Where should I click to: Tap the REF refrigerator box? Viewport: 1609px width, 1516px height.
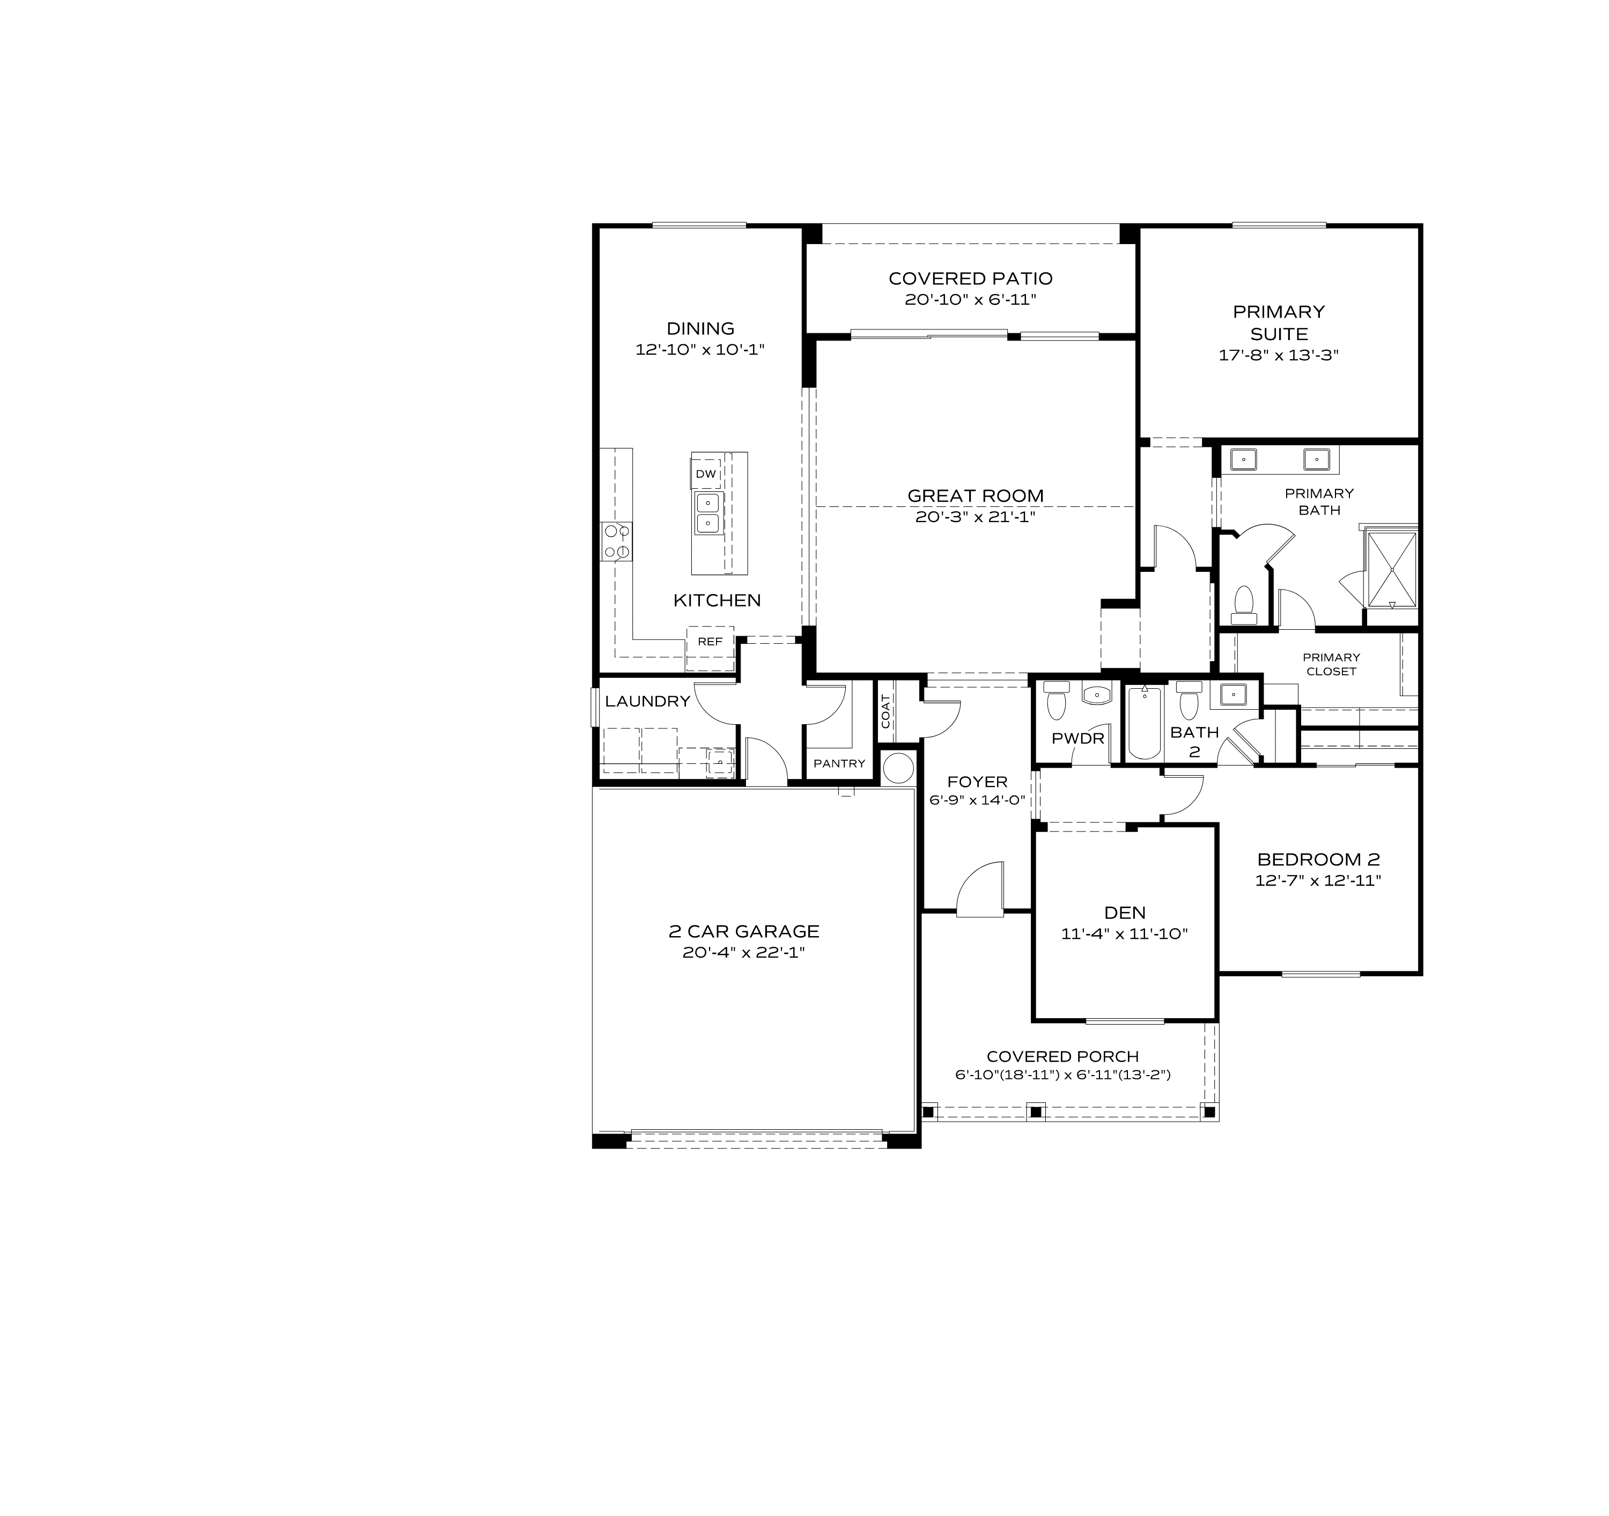[x=710, y=642]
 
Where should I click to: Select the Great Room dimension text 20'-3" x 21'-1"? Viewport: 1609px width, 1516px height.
[x=975, y=517]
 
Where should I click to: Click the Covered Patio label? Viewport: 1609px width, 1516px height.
[x=970, y=278]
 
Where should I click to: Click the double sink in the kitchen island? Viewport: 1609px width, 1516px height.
[x=707, y=513]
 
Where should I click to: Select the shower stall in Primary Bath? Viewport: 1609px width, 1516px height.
[x=1391, y=569]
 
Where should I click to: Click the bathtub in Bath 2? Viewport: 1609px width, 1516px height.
[x=1143, y=722]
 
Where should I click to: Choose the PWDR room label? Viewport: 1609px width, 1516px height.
[x=1077, y=738]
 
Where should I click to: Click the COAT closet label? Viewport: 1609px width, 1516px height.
[x=885, y=711]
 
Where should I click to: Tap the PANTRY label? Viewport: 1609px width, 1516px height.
[x=839, y=763]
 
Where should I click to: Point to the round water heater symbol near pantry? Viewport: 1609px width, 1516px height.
[x=898, y=767]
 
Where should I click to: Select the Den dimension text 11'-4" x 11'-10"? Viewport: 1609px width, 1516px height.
[x=1124, y=933]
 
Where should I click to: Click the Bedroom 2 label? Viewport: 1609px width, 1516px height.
[x=1318, y=859]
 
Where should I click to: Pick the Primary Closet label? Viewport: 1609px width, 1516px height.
[x=1331, y=664]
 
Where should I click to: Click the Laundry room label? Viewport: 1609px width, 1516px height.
[x=647, y=701]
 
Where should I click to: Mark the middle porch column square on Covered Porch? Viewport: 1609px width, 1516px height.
[x=1035, y=1112]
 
